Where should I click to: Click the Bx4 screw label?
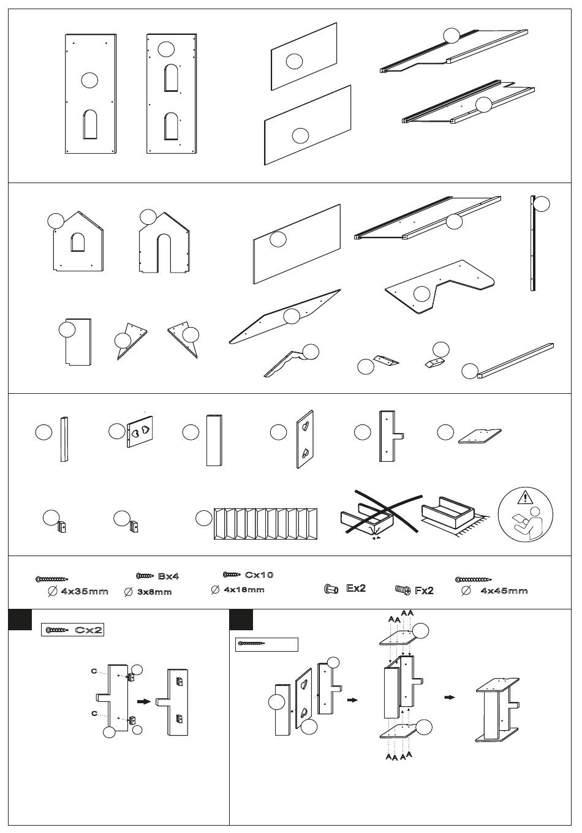click(x=168, y=576)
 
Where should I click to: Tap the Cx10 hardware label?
click(x=259, y=575)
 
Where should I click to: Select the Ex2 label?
click(x=356, y=588)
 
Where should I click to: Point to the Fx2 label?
click(x=424, y=590)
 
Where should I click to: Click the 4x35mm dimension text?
click(x=85, y=591)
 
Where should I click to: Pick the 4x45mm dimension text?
click(x=504, y=590)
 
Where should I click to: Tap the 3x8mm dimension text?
click(x=154, y=592)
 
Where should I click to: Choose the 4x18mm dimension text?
click(x=244, y=589)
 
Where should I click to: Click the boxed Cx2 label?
click(x=72, y=630)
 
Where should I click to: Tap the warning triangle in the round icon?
click(x=525, y=497)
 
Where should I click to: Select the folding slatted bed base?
click(x=265, y=523)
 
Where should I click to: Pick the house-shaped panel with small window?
click(x=78, y=242)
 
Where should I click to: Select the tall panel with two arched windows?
click(x=172, y=93)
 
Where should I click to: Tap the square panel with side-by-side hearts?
click(x=140, y=431)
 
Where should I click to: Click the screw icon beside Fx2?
click(x=402, y=590)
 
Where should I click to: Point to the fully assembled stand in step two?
click(x=497, y=710)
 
